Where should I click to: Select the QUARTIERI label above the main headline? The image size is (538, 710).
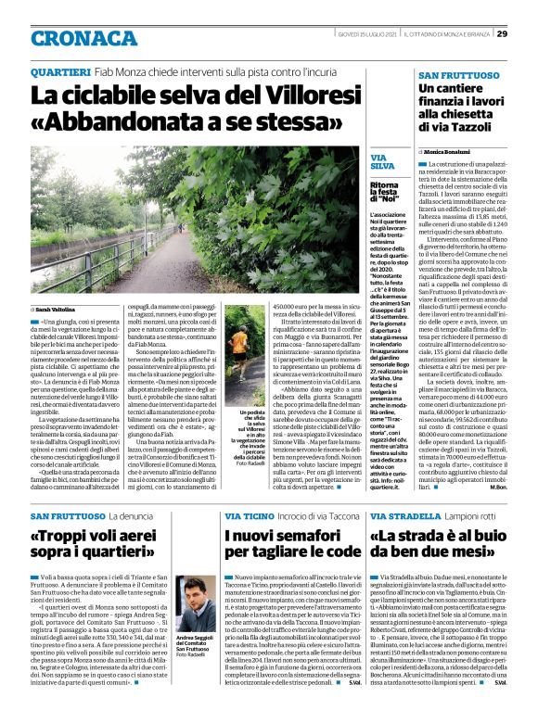click(x=60, y=72)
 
